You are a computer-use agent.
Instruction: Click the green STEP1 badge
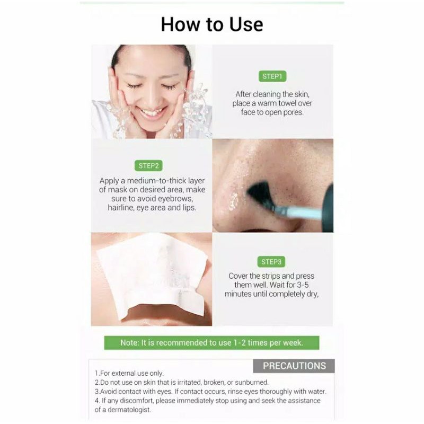click(x=272, y=76)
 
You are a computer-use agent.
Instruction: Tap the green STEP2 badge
click(x=148, y=165)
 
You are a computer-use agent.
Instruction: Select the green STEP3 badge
click(x=271, y=261)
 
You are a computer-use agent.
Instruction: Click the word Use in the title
click(x=246, y=24)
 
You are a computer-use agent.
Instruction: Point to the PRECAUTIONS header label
click(x=294, y=366)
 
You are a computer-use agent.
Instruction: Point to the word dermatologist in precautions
click(x=129, y=410)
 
